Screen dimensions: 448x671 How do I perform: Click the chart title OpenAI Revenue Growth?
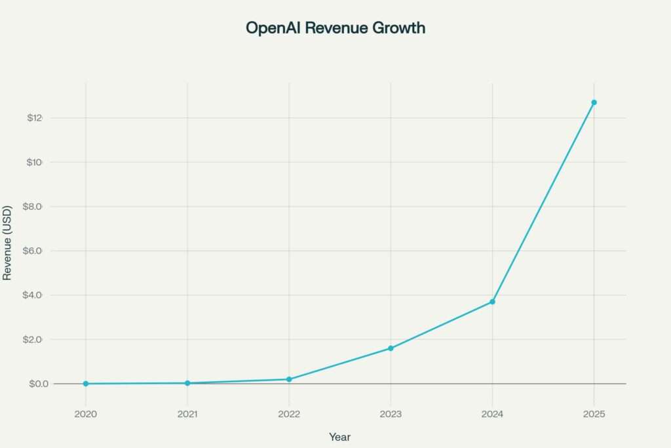coord(335,28)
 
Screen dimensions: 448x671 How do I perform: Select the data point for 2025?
coord(594,102)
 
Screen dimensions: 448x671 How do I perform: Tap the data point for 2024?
coord(492,302)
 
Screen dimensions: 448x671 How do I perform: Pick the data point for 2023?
coord(391,348)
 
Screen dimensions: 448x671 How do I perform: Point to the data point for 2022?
coord(289,379)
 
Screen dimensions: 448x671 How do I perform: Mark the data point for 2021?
coord(187,383)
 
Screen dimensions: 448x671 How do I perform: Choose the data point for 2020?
coord(86,384)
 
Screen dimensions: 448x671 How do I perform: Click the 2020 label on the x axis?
coord(86,415)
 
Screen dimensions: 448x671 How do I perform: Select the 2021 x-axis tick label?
coord(187,415)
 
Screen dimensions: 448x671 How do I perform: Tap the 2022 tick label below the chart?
coord(289,415)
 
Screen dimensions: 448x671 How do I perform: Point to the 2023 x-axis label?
coord(391,415)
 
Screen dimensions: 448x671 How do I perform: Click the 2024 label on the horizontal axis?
coord(492,415)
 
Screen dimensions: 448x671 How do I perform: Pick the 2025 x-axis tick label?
coord(594,415)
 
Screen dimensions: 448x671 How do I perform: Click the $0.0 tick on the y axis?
coord(39,384)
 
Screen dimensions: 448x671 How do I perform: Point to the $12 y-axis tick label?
coord(34,118)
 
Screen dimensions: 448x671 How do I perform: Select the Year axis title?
coord(339,436)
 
